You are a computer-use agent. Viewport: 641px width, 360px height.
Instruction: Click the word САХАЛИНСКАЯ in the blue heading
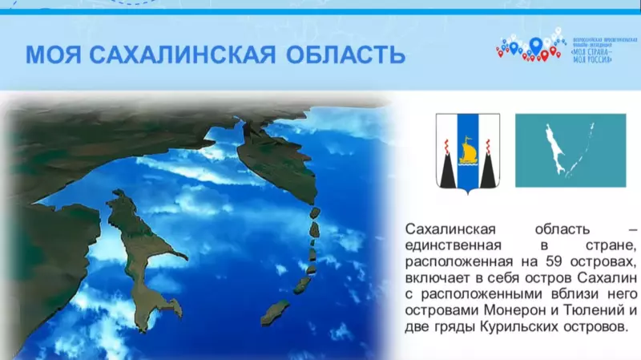(x=182, y=55)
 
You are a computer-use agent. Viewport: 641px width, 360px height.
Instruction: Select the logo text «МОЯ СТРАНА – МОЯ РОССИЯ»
(x=594, y=52)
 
